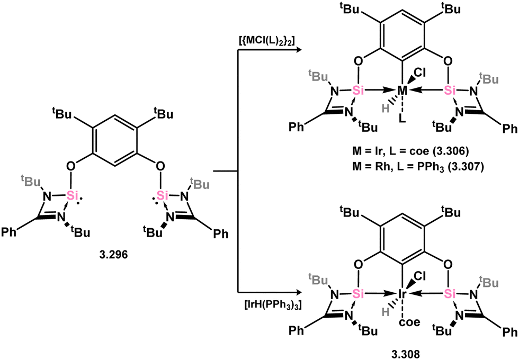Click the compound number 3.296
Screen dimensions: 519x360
113,255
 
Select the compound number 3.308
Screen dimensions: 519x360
401,354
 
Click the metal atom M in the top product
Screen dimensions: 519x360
402,90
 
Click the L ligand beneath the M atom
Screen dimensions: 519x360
402,119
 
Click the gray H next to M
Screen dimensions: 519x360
385,107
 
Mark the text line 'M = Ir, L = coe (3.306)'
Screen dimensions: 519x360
410,151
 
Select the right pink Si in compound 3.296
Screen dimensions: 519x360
162,195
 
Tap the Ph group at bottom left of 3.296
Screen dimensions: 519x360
10,232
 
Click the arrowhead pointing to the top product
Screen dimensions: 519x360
298,50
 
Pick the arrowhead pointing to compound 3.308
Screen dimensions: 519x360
298,293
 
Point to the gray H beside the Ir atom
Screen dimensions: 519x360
385,311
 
